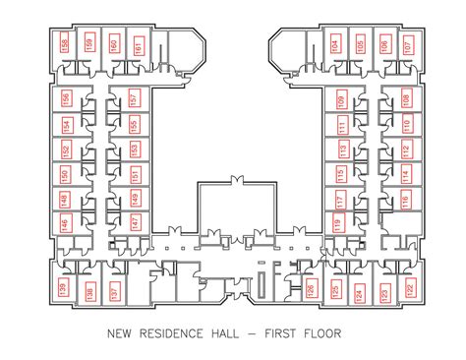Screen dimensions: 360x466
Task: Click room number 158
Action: [65, 44]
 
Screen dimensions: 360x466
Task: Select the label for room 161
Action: [139, 46]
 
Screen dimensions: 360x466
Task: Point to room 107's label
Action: [407, 44]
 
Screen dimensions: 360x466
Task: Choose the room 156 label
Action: [66, 99]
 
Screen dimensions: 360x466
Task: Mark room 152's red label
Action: [66, 150]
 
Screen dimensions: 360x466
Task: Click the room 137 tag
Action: [115, 291]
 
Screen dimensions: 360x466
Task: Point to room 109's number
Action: [341, 100]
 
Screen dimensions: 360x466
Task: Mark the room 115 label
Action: [341, 175]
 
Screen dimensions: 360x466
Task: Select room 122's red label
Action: [409, 291]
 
